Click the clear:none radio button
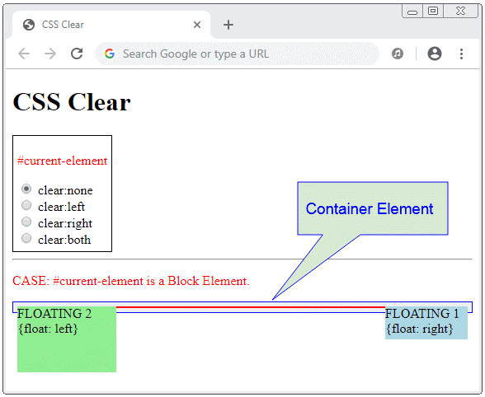tap(26, 189)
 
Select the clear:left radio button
tap(26, 205)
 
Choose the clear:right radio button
tap(26, 222)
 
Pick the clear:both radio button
tap(26, 238)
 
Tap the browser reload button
tap(77, 54)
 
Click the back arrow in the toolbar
tap(24, 54)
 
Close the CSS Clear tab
tap(197, 25)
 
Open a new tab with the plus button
tap(228, 25)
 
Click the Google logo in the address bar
tap(110, 54)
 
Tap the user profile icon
tap(435, 54)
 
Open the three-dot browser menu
tap(461, 54)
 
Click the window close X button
tap(460, 12)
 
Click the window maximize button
tap(433, 12)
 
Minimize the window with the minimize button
tap(412, 12)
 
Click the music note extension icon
tap(398, 54)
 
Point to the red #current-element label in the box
tap(62, 161)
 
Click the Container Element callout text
tap(370, 209)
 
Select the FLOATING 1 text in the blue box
tap(422, 314)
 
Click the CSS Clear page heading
tap(72, 102)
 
